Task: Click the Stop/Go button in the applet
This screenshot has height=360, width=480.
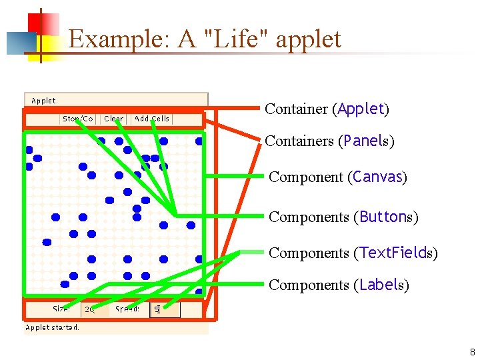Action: (78, 119)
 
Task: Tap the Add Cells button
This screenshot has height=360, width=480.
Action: (152, 119)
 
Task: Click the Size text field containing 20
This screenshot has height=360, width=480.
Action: (90, 309)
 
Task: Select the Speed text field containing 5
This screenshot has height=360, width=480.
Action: (165, 309)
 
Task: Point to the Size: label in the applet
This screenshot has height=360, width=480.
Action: (63, 309)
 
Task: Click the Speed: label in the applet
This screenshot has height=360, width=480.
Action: (127, 309)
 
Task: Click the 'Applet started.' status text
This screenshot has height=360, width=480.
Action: (52, 327)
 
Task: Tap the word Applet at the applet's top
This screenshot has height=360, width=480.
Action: (43, 101)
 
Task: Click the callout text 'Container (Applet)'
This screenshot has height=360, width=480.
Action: (327, 109)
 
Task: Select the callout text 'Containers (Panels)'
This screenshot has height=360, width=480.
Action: (329, 141)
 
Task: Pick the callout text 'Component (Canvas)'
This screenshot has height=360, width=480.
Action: (337, 177)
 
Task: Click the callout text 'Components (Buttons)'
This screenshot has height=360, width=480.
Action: (343, 217)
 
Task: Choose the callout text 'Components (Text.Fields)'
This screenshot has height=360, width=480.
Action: (353, 253)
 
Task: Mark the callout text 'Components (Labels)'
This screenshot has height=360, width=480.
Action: (339, 285)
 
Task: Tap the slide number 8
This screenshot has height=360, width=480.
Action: (472, 352)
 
